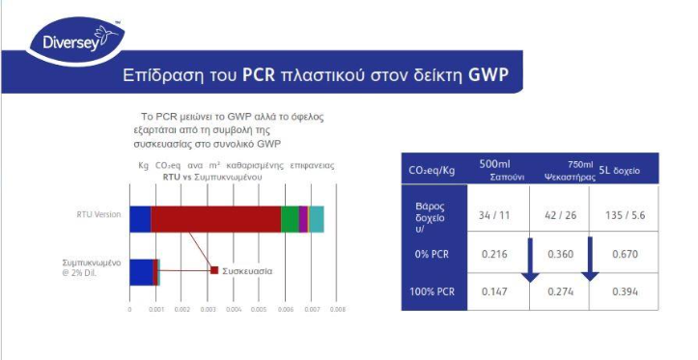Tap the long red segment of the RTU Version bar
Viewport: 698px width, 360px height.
point(215,219)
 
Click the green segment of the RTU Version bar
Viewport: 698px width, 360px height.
point(290,219)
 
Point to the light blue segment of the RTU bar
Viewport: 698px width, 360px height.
point(317,219)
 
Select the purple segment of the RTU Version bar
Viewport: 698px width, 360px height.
point(303,219)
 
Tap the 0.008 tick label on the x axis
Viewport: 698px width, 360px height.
point(338,310)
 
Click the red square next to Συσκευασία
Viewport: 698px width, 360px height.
point(214,270)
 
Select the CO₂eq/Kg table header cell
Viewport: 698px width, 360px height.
point(432,171)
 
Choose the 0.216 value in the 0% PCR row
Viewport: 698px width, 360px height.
point(495,255)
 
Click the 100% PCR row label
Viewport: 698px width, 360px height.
point(433,291)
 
